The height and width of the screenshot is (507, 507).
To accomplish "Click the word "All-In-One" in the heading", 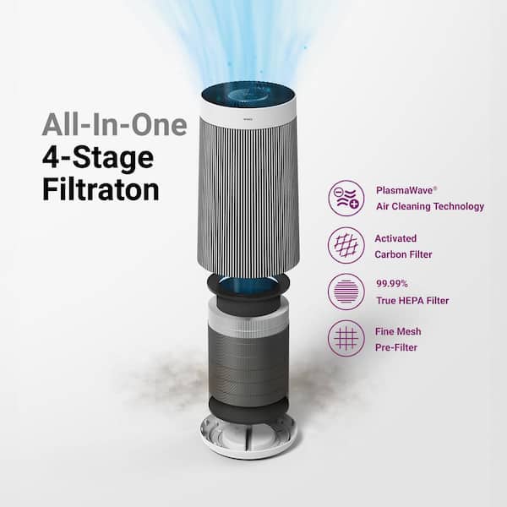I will point(114,126).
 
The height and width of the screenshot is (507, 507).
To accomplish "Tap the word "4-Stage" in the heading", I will point(98,157).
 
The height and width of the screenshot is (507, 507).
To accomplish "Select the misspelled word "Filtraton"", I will point(101,188).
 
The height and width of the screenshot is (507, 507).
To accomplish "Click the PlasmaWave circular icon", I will point(346,198).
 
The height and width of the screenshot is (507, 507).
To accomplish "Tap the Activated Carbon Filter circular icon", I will point(346,246).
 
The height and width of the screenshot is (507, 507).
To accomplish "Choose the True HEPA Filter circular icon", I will point(346,292).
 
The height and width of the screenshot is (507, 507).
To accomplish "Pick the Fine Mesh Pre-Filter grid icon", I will point(346,339).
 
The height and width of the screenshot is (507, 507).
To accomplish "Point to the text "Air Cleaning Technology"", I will point(429,205).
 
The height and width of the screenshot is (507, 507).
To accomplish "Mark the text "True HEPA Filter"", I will point(413,300).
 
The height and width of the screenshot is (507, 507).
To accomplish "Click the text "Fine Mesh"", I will point(399,331).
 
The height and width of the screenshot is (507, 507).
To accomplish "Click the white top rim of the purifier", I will point(248,110).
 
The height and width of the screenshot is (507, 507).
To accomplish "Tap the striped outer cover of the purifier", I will point(248,194).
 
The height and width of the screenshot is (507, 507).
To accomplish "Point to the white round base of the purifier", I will point(248,439).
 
